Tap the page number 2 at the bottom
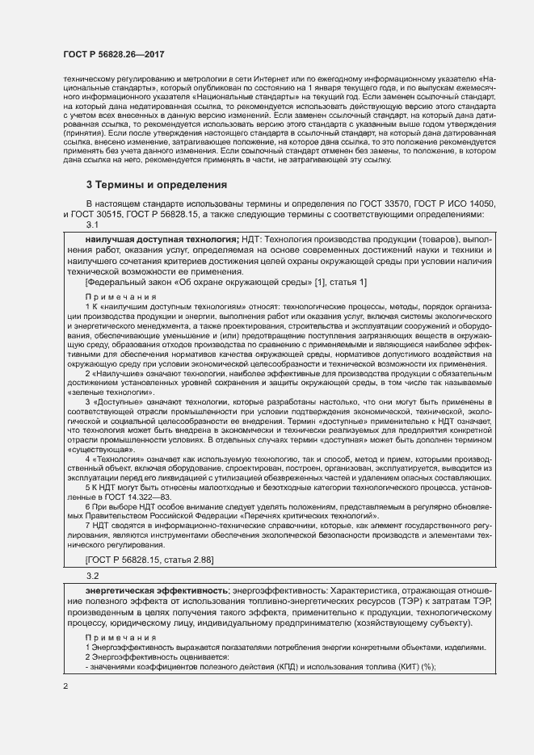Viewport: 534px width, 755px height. tap(65, 686)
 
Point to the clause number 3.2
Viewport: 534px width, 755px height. tap(92, 576)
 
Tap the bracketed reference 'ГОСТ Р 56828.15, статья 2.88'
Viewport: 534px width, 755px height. tap(149, 560)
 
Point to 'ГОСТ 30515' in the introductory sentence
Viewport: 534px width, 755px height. tap(98, 215)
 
